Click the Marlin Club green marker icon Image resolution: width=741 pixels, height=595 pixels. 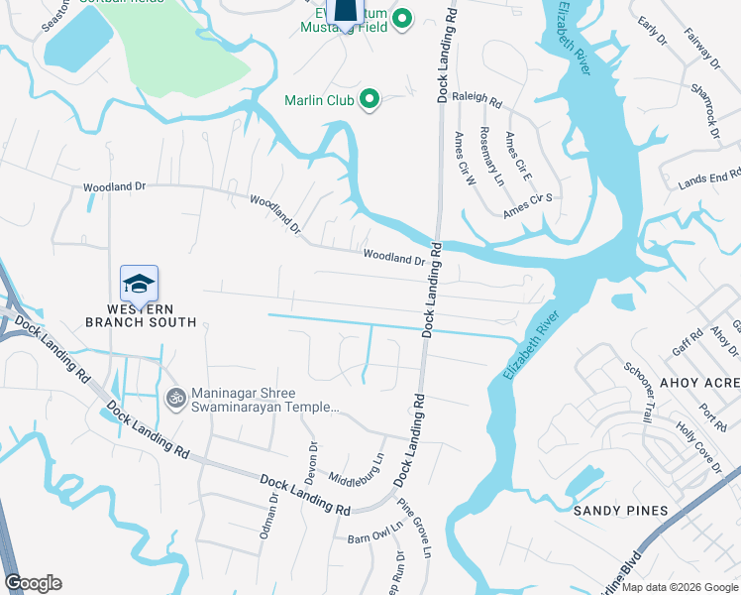point(370,99)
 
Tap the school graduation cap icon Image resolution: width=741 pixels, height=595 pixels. point(139,286)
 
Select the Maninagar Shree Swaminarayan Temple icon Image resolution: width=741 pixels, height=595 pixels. point(176,398)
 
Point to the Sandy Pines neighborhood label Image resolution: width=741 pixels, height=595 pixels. point(621,511)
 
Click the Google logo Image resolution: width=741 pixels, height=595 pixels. point(33,583)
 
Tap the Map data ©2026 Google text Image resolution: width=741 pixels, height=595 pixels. point(679,587)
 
